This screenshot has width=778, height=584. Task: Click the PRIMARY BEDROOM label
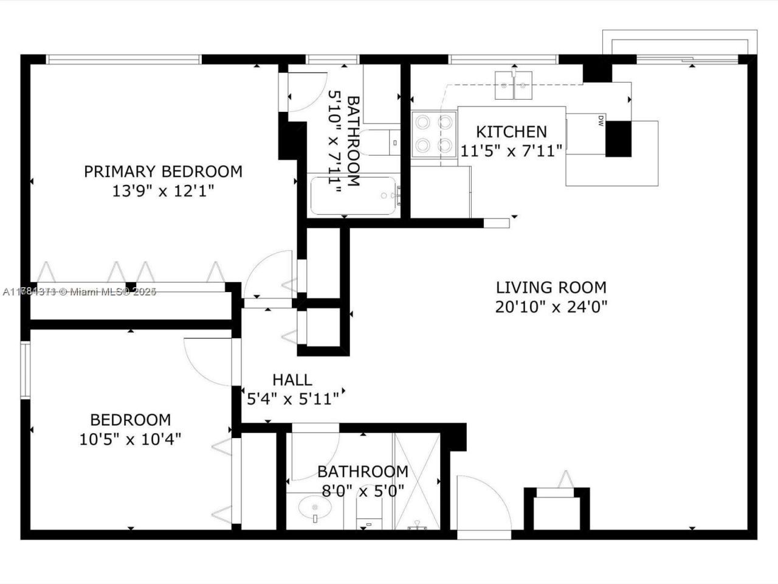[163, 172]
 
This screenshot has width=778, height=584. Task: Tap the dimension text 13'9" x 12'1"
[163, 191]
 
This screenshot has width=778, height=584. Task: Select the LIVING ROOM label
[551, 287]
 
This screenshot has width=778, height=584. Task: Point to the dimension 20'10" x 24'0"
[551, 307]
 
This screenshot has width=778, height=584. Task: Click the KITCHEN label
[511, 131]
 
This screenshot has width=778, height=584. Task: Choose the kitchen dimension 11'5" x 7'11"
[511, 151]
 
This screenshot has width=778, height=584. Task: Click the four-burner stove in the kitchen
[434, 133]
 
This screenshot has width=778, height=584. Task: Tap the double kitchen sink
[514, 85]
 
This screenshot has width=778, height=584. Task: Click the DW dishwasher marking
[601, 120]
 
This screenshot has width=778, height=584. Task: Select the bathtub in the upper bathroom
[354, 195]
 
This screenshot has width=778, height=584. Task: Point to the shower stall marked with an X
[417, 481]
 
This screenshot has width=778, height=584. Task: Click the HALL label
[292, 380]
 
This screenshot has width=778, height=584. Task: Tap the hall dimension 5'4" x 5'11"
[292, 400]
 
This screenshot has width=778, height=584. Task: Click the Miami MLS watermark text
[79, 292]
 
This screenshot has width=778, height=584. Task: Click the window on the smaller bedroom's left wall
[25, 370]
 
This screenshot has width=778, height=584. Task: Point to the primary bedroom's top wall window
[123, 59]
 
